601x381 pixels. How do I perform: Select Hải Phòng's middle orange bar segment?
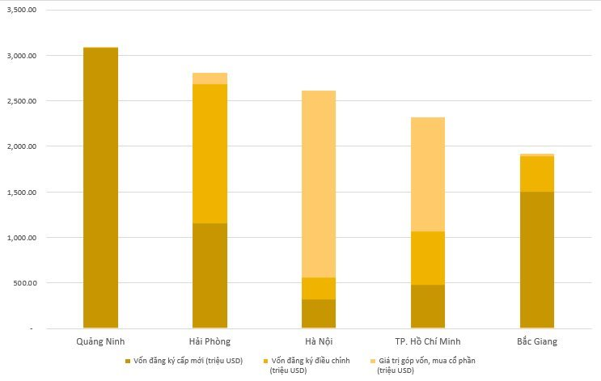(210, 154)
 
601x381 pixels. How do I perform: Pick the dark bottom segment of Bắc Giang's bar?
(536, 259)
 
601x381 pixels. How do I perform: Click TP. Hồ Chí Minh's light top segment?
(427, 174)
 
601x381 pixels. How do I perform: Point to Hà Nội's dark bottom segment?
(318, 313)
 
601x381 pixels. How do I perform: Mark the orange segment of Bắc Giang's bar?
(536, 174)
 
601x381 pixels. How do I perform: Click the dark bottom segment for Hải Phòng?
(210, 274)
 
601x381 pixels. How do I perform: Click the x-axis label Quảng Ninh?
(100, 341)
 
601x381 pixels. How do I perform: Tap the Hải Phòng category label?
(210, 341)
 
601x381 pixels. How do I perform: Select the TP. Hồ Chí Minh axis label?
(427, 341)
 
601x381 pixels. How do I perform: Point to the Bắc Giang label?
(536, 341)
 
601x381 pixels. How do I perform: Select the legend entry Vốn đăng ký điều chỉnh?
(311, 361)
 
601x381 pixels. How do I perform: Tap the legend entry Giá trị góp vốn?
(430, 361)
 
